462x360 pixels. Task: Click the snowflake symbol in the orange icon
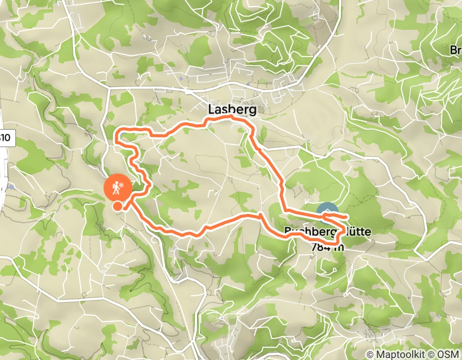click(x=122, y=184)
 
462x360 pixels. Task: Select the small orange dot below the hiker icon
click(x=118, y=206)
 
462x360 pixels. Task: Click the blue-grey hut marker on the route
click(x=327, y=210)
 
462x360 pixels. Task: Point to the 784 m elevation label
click(x=327, y=246)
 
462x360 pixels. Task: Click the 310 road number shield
click(x=4, y=138)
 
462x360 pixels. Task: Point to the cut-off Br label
click(x=456, y=50)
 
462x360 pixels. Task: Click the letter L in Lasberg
click(x=211, y=110)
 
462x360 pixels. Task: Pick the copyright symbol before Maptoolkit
click(x=371, y=354)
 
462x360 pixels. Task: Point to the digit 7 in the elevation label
click(x=314, y=246)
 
